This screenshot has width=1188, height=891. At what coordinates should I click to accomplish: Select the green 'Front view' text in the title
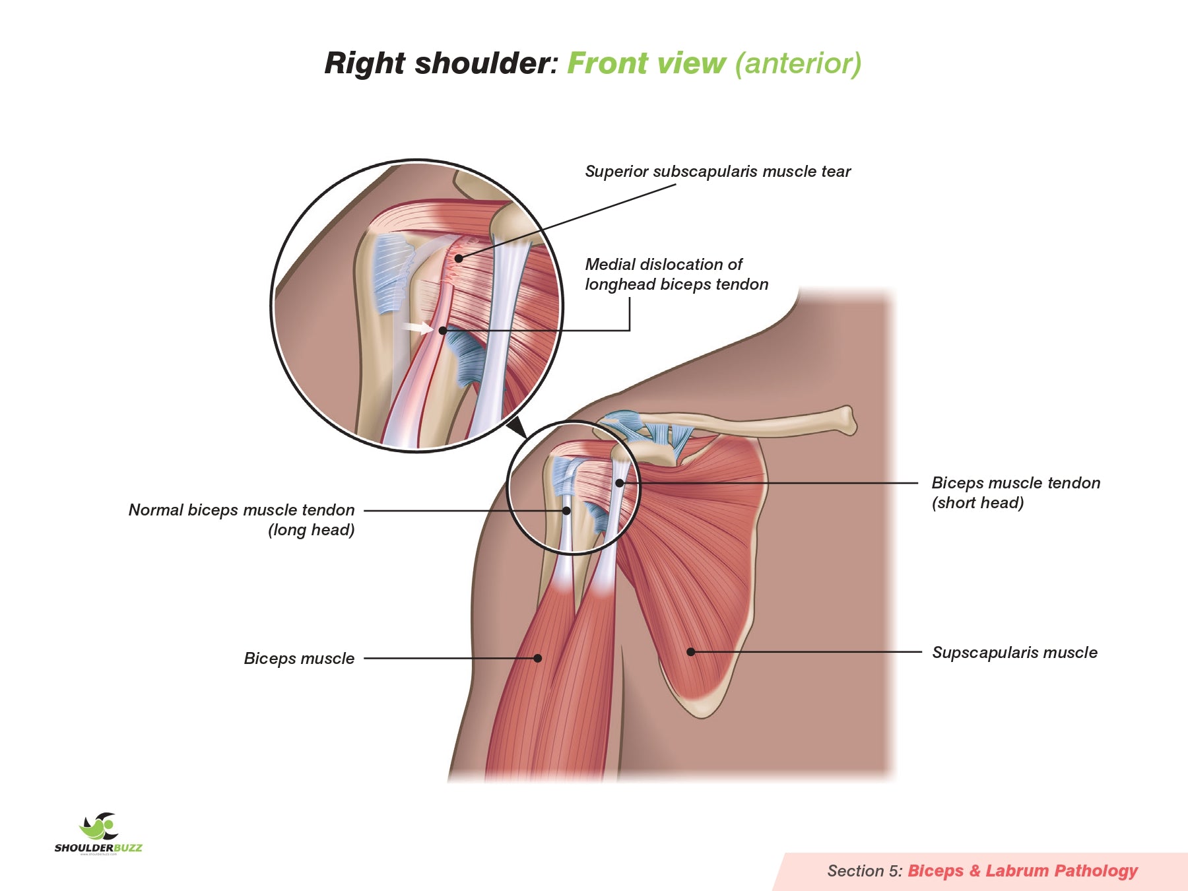646,64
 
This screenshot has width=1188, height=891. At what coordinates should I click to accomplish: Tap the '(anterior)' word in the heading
798,64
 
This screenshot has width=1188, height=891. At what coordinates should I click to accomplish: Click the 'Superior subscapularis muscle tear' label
717,172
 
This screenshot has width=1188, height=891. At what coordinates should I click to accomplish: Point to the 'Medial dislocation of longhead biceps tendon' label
676,275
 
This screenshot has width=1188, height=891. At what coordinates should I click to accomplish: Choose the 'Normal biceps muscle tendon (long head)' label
242,519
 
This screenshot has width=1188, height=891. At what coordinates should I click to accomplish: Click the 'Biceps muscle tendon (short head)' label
1015,492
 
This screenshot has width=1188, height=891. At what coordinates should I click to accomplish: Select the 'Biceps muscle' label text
299,659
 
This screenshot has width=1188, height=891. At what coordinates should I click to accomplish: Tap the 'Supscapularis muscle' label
1014,653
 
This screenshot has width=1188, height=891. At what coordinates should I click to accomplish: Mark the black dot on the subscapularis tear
458,258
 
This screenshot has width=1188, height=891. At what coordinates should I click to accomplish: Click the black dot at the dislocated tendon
443,330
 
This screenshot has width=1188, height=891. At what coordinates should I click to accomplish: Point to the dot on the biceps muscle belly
538,658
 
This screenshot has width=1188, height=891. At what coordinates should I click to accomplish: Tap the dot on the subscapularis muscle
690,652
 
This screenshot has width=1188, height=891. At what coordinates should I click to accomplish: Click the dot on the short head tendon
619,483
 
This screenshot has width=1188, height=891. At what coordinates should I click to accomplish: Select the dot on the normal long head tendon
566,511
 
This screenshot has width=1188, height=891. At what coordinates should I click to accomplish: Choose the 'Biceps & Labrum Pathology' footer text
1022,871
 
